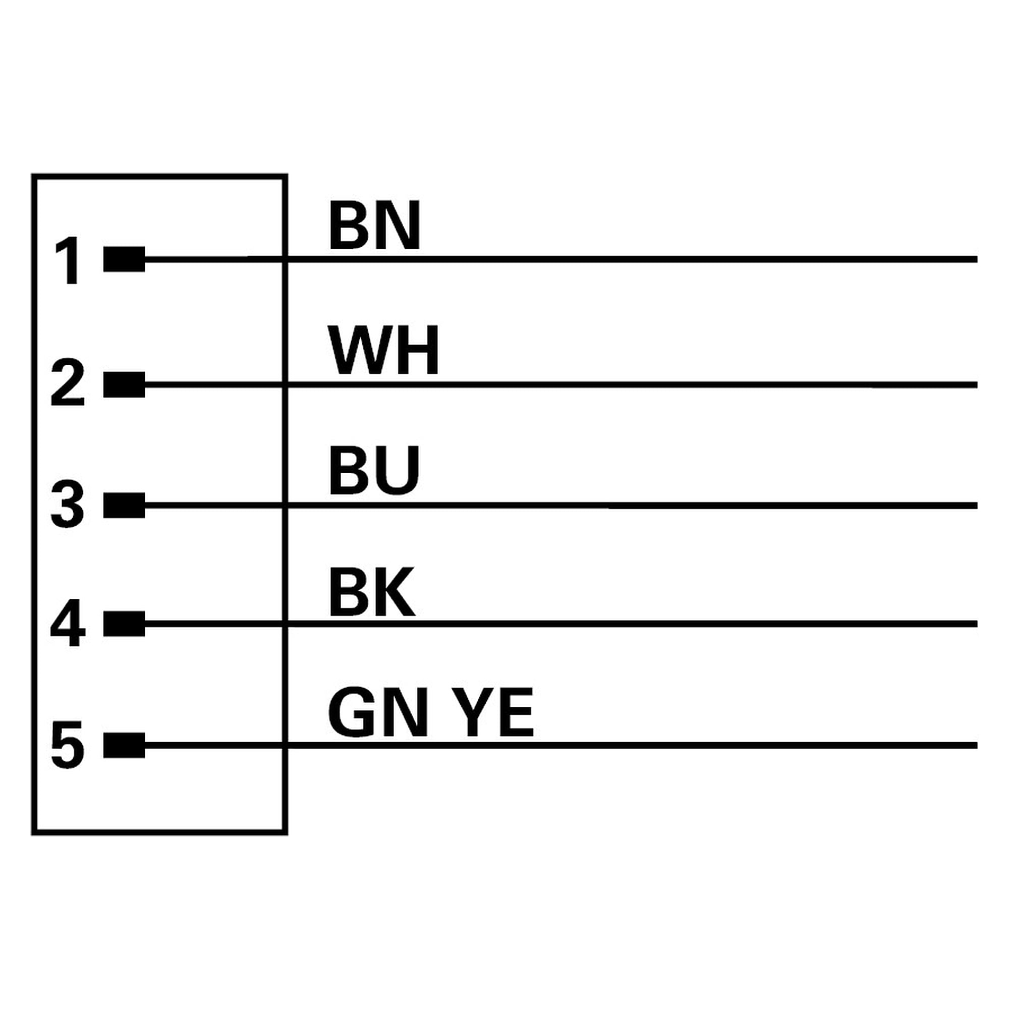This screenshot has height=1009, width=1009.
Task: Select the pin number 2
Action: coord(68,383)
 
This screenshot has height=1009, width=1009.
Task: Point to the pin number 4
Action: coord(68,623)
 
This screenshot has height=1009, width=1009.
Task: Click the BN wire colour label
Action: coord(374,226)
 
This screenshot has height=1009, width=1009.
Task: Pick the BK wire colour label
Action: coord(372,592)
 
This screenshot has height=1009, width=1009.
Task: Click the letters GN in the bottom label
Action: coord(378,713)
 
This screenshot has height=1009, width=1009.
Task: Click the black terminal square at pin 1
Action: coord(124,259)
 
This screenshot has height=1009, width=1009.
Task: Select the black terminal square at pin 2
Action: coord(124,385)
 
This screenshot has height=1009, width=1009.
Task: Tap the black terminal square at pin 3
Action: coord(124,506)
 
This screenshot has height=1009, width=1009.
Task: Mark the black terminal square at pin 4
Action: coord(124,624)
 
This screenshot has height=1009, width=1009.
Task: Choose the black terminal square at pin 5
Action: coord(124,745)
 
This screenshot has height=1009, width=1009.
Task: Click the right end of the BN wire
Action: coord(976,259)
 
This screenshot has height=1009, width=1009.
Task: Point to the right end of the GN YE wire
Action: coord(976,745)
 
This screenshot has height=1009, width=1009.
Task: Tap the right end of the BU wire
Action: coord(976,506)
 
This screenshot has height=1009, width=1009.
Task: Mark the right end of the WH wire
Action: coord(976,385)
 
